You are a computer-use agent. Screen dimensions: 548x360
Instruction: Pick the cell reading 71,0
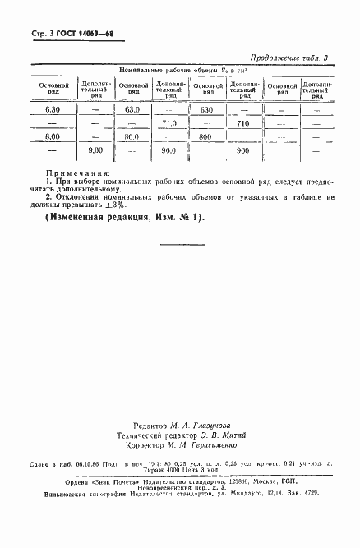[170, 123]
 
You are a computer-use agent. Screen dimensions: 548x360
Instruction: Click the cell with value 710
[242, 123]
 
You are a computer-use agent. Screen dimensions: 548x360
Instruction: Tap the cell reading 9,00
[95, 151]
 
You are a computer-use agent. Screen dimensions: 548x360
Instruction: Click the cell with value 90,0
[169, 151]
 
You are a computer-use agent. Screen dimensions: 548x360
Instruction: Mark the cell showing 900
[242, 151]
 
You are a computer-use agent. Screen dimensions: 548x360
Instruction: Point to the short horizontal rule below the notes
[180, 245]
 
